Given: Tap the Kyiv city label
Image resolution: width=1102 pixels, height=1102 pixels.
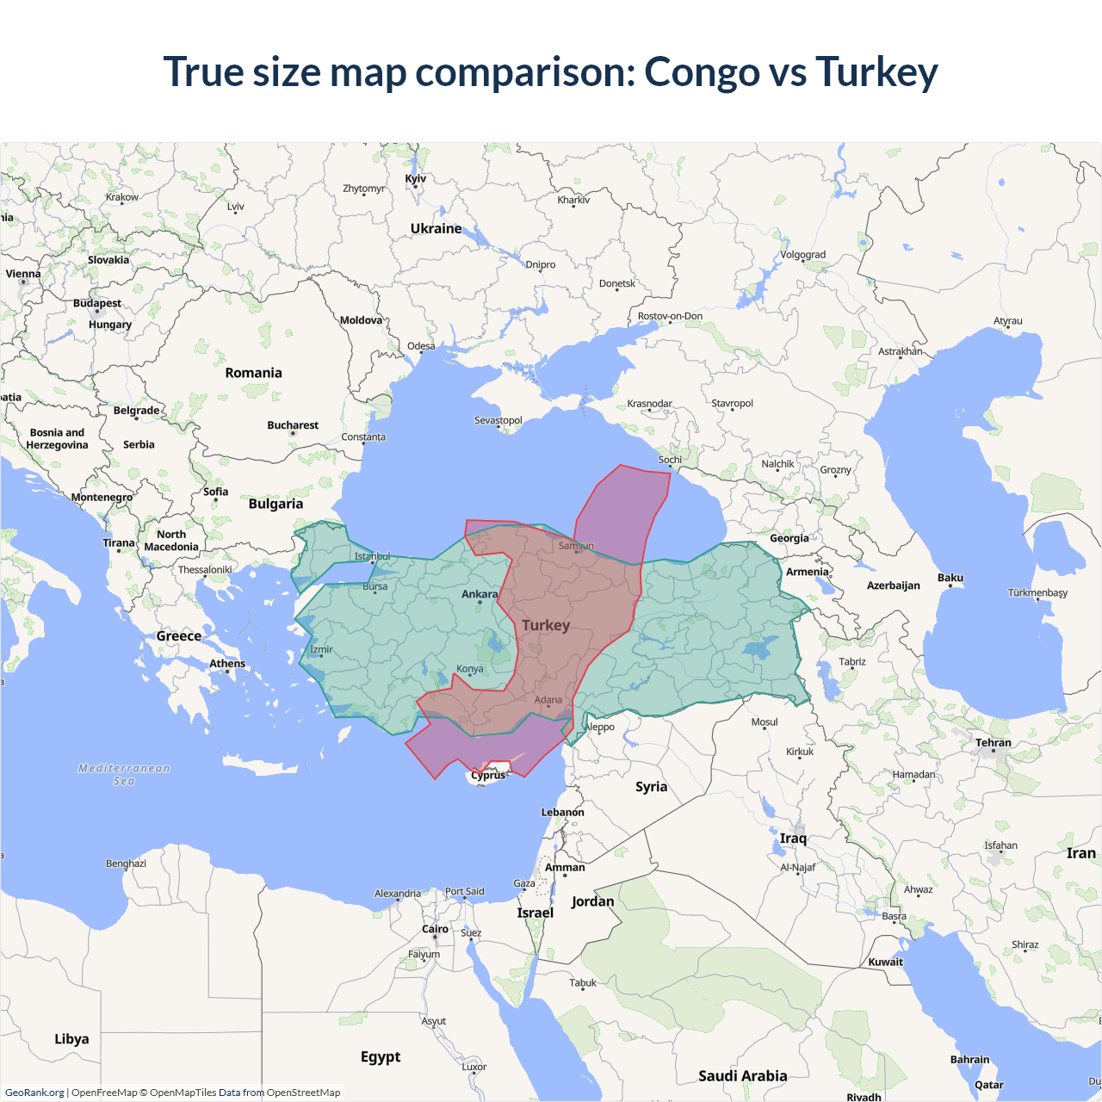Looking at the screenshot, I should [416, 179].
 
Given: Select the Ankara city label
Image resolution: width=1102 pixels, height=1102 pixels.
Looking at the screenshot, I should [480, 594].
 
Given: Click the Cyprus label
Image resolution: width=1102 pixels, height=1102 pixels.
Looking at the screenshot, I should [488, 775].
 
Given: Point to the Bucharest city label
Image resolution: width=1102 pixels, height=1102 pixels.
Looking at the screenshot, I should [293, 425].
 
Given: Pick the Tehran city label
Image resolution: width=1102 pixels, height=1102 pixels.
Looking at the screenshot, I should [994, 742].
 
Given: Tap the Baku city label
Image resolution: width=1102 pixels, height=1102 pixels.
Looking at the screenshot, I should [950, 578].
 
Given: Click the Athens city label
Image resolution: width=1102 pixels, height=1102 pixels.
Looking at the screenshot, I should [227, 664].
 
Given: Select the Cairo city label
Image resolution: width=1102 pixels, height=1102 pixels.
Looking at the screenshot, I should [435, 929].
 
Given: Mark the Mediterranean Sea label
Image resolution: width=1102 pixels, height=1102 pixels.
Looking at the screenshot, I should [124, 774].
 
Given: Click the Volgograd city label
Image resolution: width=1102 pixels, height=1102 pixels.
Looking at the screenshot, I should [802, 255].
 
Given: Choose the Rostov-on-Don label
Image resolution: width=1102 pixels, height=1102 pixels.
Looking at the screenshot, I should [670, 316].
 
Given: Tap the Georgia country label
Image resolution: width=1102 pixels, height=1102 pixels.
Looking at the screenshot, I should [789, 538].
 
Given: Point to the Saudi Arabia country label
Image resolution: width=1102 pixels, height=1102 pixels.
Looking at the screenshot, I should [742, 1075].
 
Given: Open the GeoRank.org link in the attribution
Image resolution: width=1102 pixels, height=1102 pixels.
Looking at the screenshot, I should [34, 1093].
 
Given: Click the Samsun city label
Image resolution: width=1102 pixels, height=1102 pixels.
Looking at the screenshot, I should [576, 546].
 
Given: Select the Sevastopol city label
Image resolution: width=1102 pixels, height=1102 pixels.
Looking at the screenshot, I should [498, 420].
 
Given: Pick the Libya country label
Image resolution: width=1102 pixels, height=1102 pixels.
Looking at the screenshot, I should [71, 1039].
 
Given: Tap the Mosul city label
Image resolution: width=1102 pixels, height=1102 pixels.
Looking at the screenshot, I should [765, 722].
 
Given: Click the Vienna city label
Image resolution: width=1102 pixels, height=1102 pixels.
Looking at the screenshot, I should [23, 274].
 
